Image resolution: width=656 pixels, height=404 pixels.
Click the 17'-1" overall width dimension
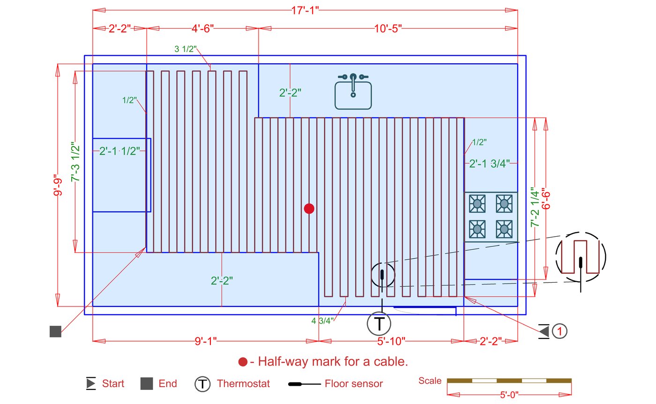(x=305, y=11)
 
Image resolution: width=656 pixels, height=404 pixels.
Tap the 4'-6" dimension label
(x=202, y=29)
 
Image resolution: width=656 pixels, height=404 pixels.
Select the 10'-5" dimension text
(x=388, y=29)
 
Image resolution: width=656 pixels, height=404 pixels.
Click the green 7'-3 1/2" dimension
(x=75, y=162)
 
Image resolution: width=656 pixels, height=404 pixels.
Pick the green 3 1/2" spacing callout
(x=186, y=49)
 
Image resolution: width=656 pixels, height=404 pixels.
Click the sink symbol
(x=353, y=91)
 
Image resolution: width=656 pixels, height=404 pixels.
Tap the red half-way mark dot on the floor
(x=309, y=209)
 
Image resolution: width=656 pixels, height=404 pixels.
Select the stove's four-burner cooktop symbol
(x=491, y=217)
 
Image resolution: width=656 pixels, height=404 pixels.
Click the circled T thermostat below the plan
(x=379, y=324)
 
